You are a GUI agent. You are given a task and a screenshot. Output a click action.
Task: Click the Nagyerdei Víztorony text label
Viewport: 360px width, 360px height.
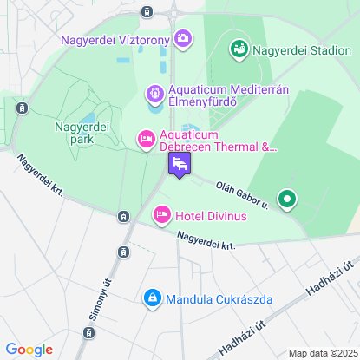[x=115, y=39]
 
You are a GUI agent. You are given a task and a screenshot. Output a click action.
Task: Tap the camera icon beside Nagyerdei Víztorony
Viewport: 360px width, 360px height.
[x=183, y=38]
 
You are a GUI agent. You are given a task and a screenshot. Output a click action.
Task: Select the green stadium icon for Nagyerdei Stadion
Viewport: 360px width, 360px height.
[x=239, y=49]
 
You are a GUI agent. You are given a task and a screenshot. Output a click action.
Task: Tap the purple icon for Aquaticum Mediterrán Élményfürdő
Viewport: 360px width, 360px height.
[x=154, y=91]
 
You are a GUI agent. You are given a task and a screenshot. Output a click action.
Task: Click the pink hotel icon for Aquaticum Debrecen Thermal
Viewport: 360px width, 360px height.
[x=146, y=138]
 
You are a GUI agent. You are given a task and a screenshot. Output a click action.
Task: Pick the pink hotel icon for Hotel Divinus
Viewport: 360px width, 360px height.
[x=161, y=214]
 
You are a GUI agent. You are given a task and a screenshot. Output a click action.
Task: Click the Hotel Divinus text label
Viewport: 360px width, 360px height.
[x=211, y=214]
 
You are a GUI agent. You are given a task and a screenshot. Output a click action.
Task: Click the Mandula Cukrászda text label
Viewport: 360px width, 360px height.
[x=219, y=299]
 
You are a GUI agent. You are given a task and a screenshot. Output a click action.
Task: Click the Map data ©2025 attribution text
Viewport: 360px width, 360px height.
[x=322, y=353]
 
